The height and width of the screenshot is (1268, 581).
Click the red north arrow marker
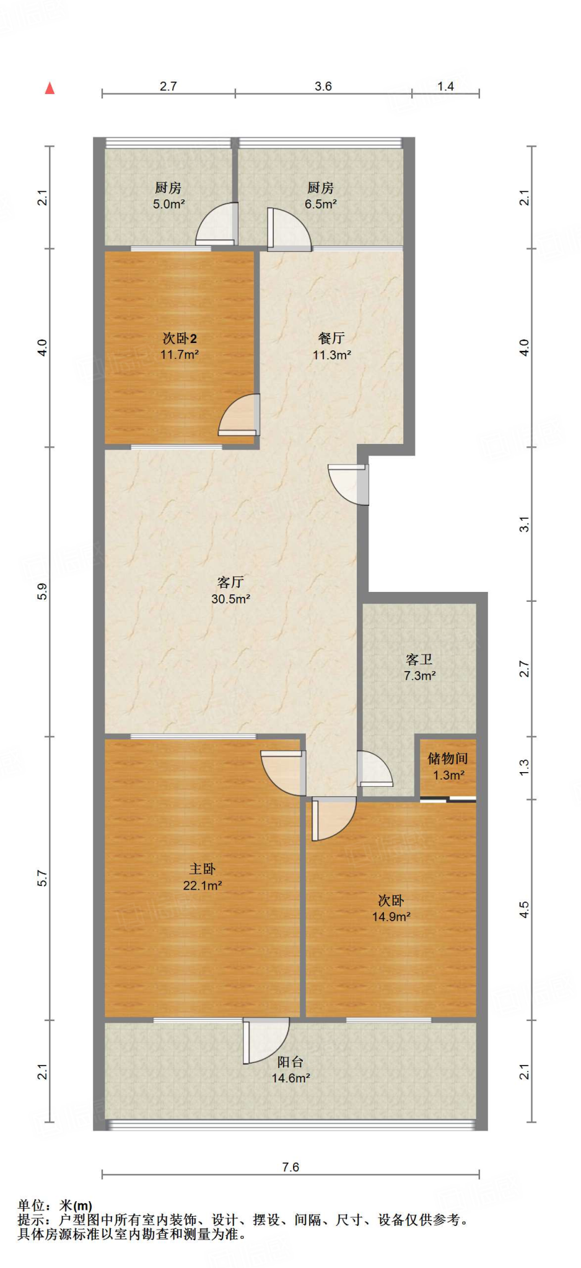50,89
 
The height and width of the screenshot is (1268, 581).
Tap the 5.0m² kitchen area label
169,204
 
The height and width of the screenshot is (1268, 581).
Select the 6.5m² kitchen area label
321,204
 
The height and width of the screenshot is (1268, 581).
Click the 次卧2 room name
180,338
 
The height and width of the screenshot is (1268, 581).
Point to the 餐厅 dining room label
331,338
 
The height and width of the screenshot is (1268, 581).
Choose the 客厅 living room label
230,582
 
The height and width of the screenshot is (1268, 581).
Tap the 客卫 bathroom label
419,659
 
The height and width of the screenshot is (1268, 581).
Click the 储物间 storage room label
448,758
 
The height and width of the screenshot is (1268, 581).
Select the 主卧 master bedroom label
203,869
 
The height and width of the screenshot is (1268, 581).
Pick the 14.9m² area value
391,917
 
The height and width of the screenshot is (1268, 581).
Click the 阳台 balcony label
290,1062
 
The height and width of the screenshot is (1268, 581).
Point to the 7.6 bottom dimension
290,1167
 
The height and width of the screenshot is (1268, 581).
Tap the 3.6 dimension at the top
323,86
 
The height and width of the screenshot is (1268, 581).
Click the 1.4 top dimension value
446,86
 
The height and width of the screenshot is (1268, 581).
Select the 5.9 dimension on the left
42,592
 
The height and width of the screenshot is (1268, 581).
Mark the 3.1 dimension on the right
525,524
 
